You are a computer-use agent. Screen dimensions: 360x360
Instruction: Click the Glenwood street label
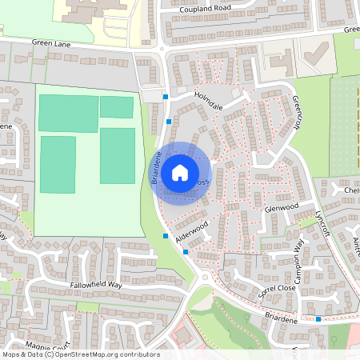281,206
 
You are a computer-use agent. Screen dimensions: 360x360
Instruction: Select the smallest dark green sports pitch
117,107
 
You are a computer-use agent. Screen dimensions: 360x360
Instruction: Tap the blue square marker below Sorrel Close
318,319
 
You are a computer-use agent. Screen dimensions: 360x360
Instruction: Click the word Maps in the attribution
10,354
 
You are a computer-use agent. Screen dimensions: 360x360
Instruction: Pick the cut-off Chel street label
352,190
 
